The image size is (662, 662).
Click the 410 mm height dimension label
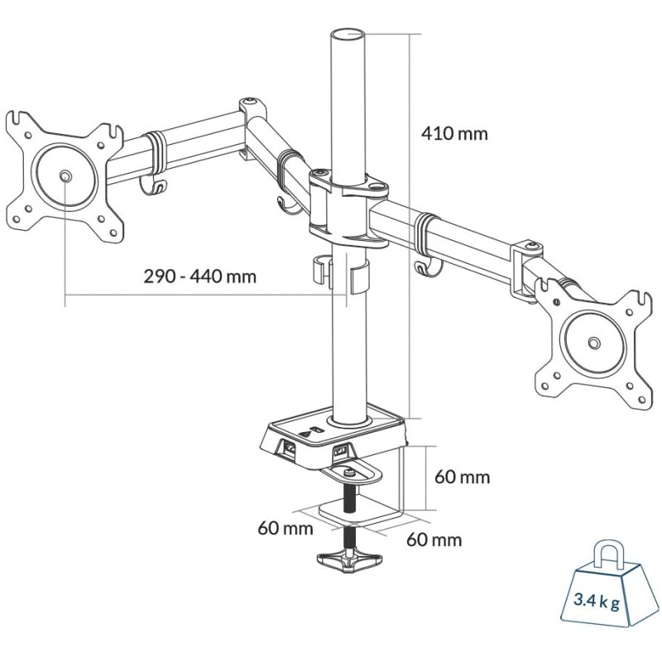[x=454, y=133]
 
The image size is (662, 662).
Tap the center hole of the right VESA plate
[x=592, y=342]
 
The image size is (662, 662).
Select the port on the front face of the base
[x=340, y=451]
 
